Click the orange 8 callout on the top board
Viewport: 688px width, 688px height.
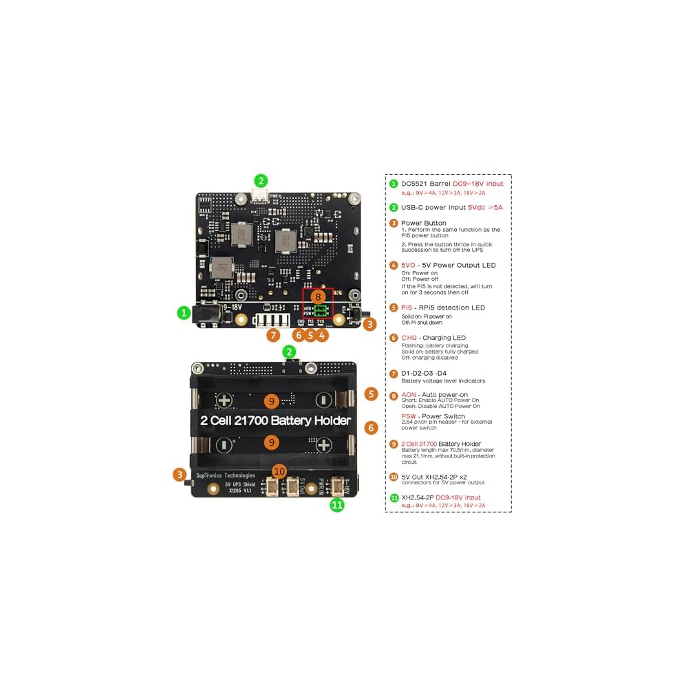tap(317, 297)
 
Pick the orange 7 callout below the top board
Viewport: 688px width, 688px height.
tap(273, 335)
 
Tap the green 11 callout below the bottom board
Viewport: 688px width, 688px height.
tap(337, 505)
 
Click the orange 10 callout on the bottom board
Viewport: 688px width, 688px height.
tap(279, 471)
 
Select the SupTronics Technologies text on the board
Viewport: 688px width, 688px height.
tap(226, 475)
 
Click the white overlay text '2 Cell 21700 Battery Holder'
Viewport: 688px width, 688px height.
tap(275, 420)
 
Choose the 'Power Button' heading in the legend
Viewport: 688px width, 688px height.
tap(423, 223)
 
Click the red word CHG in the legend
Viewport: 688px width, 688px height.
tap(409, 338)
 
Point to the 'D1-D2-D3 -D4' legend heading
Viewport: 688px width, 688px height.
tap(433, 373)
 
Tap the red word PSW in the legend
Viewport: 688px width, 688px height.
tap(409, 416)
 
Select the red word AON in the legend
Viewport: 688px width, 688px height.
tap(409, 394)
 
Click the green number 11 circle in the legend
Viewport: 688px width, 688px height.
tap(394, 497)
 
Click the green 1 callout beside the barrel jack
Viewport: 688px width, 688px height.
tap(183, 312)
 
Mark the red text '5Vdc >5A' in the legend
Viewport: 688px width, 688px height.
tap(485, 206)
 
